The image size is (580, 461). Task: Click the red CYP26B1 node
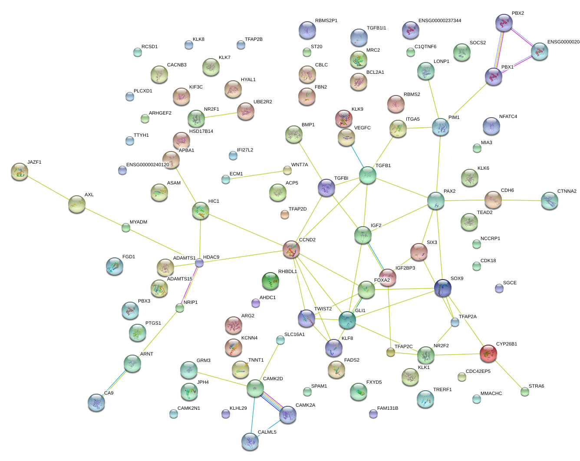[488, 353]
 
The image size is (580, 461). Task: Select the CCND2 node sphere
[291, 249]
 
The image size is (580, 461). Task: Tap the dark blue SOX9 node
[443, 287]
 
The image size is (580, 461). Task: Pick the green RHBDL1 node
[270, 281]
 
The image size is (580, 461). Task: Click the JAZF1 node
[20, 171]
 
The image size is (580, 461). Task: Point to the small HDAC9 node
[199, 263]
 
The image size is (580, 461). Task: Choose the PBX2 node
[504, 23]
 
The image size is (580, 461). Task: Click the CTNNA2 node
[550, 201]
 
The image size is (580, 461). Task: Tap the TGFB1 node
[368, 175]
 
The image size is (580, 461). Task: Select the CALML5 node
[250, 441]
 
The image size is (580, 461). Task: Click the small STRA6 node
[525, 392]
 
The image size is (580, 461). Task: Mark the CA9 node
[96, 402]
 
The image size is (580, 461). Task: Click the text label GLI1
[360, 311]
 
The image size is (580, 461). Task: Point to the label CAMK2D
[273, 379]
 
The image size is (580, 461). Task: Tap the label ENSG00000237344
[439, 21]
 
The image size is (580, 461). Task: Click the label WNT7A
[299, 165]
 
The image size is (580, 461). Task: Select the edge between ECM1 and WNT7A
[256, 174]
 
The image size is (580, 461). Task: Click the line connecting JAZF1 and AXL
[48, 188]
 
